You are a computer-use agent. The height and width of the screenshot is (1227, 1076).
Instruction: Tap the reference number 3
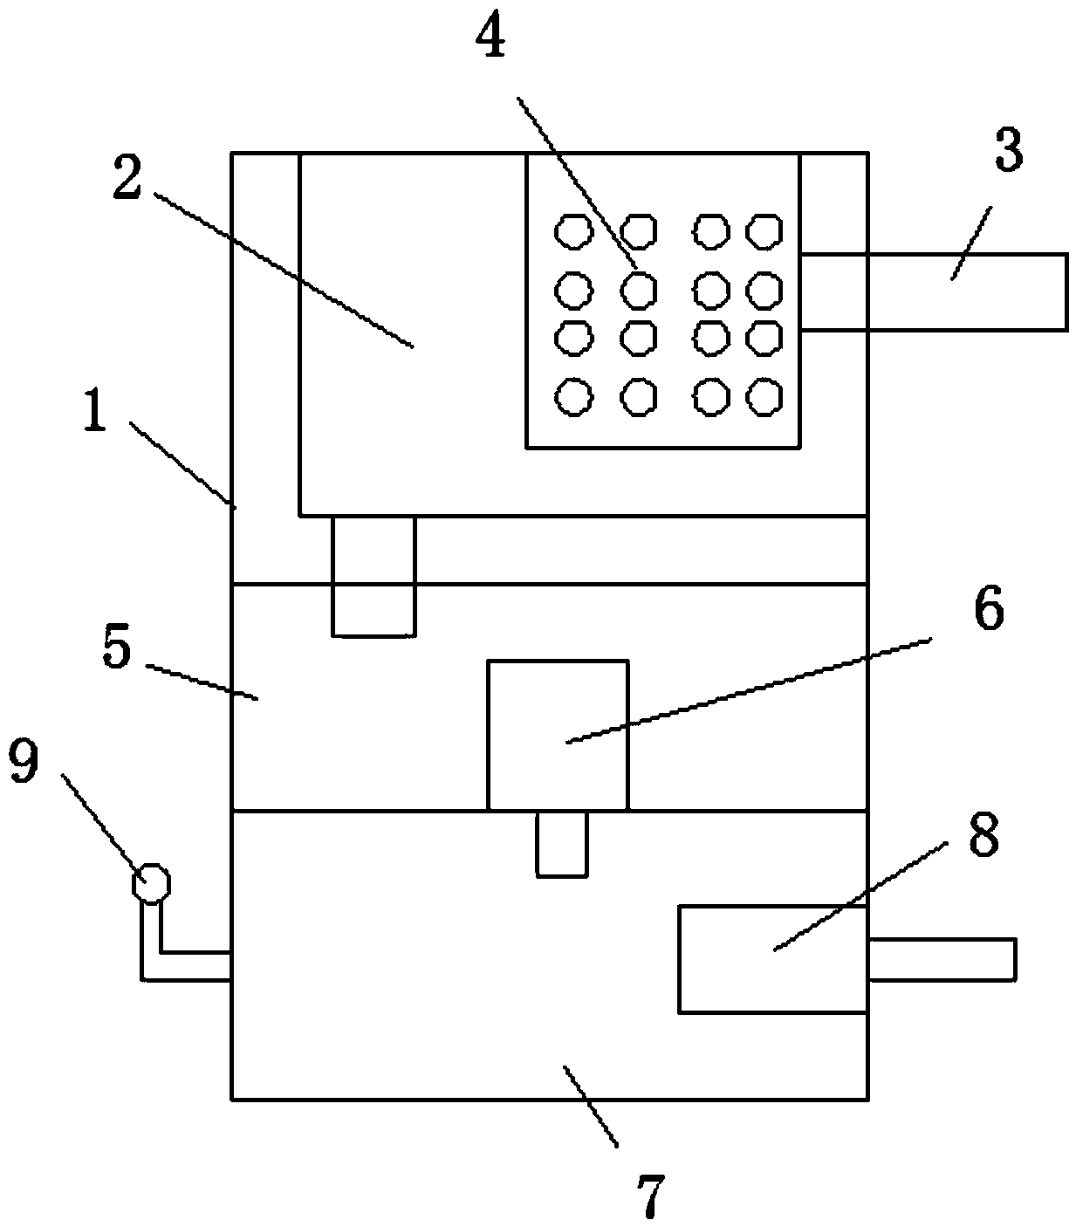(x=1008, y=151)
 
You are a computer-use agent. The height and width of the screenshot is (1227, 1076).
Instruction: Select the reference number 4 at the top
(x=491, y=38)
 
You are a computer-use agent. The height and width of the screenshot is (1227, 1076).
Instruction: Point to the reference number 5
(x=117, y=648)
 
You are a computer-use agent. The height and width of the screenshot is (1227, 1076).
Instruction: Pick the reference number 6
(x=987, y=610)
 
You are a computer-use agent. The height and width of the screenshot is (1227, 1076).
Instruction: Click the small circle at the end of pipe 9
(x=150, y=884)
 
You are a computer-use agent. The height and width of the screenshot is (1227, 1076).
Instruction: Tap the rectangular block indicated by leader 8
(x=772, y=959)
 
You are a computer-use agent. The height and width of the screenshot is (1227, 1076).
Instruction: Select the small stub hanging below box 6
(x=562, y=842)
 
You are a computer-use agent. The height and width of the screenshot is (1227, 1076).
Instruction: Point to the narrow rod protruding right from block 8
(x=941, y=959)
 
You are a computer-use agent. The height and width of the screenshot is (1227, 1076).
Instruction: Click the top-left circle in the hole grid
(x=573, y=231)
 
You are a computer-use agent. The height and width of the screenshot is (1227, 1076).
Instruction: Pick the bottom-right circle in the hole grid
(x=764, y=396)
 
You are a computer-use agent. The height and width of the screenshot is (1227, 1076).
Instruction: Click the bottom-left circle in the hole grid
(x=573, y=396)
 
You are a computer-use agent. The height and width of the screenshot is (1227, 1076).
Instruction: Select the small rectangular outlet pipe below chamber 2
(x=374, y=575)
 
